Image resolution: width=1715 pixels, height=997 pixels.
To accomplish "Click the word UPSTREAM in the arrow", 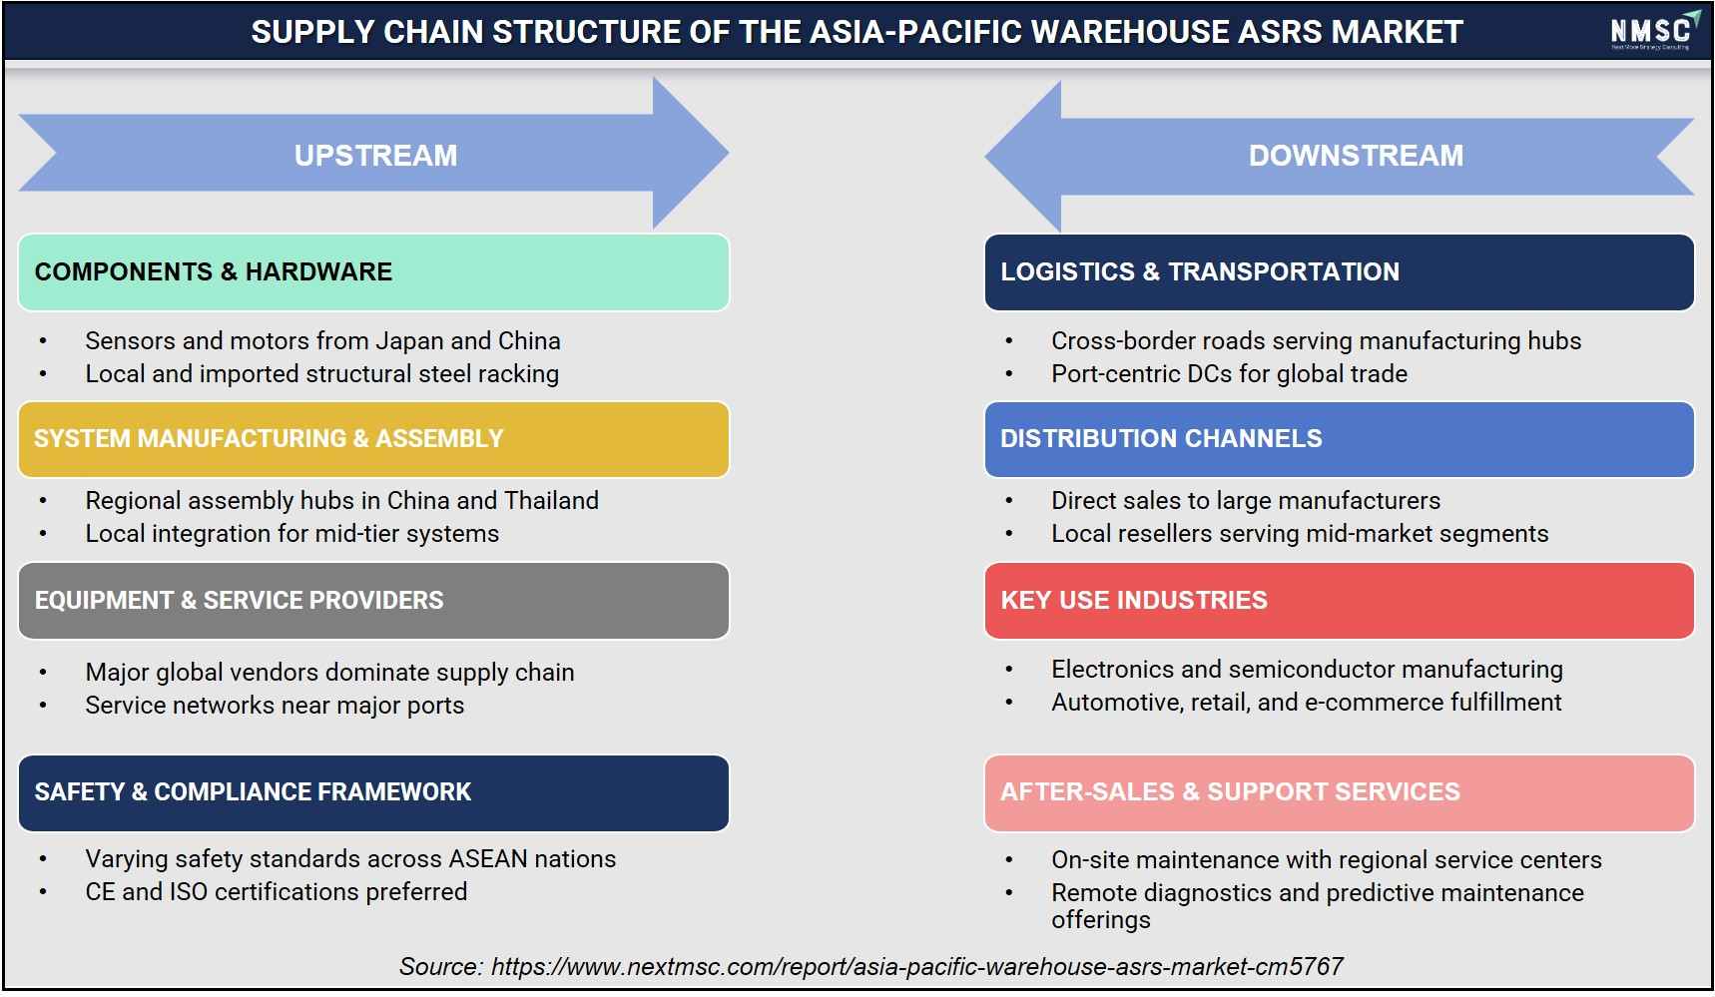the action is tap(375, 156).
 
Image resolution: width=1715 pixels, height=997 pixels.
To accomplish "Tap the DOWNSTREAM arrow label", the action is tap(1356, 156).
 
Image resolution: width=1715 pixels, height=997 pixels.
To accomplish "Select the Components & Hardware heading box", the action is tap(373, 272).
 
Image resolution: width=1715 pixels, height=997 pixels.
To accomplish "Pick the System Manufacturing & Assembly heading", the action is tap(373, 439).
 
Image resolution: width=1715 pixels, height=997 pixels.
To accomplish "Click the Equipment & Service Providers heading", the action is tap(373, 601).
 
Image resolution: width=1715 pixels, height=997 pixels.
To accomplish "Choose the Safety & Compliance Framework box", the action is tap(373, 792).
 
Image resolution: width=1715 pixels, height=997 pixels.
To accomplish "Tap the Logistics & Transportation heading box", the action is tap(1339, 272).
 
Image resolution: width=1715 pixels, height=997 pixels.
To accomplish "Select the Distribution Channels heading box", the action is tap(1339, 439).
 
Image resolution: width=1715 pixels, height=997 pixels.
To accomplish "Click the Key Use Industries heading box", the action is tap(1339, 601).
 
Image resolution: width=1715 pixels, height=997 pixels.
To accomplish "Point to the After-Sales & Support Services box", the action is tap(1339, 792).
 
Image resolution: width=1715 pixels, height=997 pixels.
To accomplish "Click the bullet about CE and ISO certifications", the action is tap(276, 891).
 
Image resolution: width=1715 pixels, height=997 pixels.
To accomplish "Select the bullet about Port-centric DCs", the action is tap(1229, 373).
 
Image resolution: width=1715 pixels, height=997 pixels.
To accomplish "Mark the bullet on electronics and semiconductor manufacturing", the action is tap(1307, 669).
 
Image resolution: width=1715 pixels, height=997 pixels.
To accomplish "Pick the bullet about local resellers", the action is tap(1300, 533).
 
